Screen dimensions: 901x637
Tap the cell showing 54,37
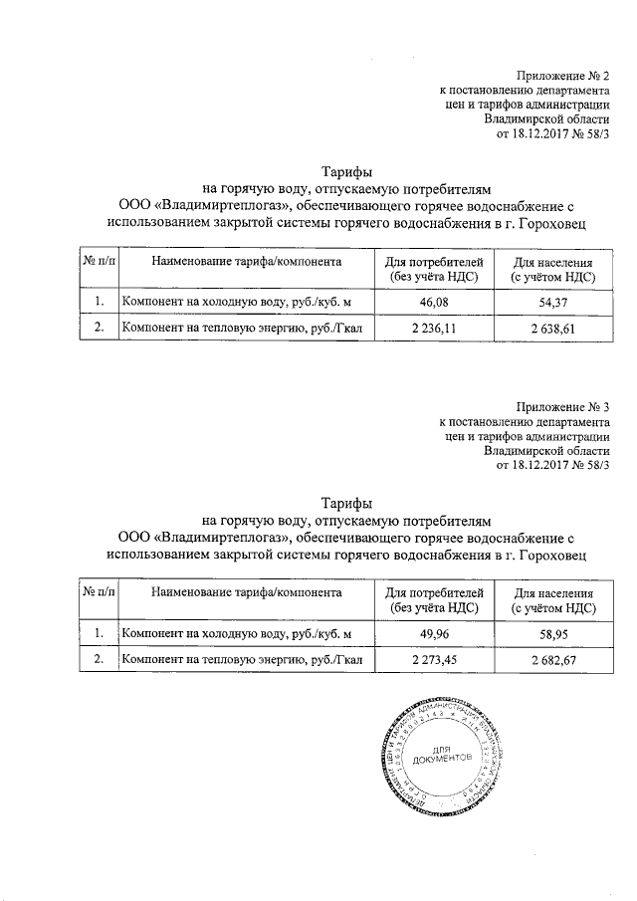coord(553,302)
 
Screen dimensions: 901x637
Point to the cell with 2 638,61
coord(553,328)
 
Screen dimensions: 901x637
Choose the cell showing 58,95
coord(553,632)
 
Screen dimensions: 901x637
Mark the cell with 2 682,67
coord(553,658)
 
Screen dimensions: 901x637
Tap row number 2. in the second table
coord(98,658)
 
